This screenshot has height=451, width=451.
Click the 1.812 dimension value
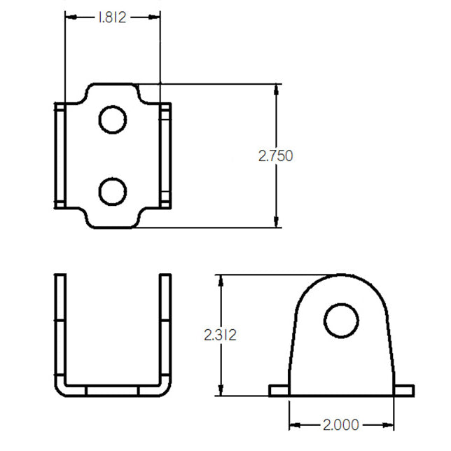click(x=112, y=18)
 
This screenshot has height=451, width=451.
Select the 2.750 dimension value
click(x=275, y=156)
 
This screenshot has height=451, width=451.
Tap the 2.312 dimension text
click(x=221, y=335)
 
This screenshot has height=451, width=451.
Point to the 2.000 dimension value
click(x=341, y=425)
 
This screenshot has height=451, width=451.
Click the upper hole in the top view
click(x=113, y=120)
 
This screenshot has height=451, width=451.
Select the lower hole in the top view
click(x=113, y=192)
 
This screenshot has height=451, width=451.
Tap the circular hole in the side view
click(x=341, y=321)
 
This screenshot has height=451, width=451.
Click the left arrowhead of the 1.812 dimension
click(x=71, y=18)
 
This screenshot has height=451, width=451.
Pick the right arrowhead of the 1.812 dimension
click(x=154, y=18)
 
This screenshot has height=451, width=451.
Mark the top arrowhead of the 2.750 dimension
click(x=277, y=90)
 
